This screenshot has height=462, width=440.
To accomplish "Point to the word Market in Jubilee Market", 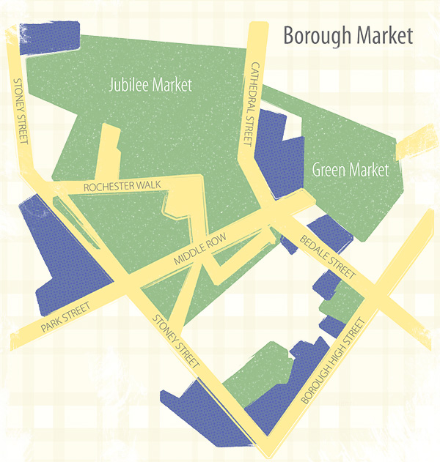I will click(173, 86).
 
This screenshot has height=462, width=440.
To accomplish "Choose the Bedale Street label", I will click(328, 257).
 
